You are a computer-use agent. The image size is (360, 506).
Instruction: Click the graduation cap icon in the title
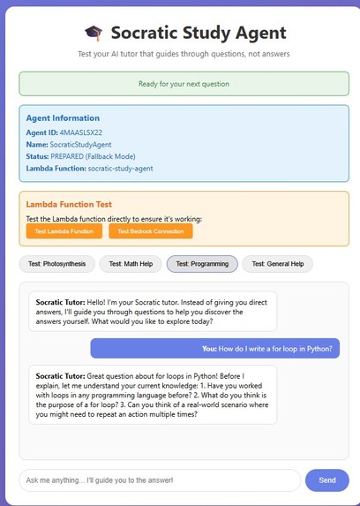[x=94, y=33]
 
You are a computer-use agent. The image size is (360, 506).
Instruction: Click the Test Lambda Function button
[x=64, y=231]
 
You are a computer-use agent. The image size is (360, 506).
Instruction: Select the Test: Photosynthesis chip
[x=55, y=263]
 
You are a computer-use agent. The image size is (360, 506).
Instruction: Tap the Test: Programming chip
[x=202, y=263]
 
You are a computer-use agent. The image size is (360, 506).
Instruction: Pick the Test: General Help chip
[x=277, y=263]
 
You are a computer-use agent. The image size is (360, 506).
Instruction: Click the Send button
[x=326, y=480]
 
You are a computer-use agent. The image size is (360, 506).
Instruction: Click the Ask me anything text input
[x=159, y=480]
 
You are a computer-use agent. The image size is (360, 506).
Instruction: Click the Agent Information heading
[x=63, y=117]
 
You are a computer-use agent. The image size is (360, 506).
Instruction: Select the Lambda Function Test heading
[x=69, y=204]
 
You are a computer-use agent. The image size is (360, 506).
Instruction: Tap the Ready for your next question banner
[x=184, y=84]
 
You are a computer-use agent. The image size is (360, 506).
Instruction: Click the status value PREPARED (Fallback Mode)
[x=99, y=155]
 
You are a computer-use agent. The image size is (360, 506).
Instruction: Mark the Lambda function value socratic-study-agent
[x=123, y=168]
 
